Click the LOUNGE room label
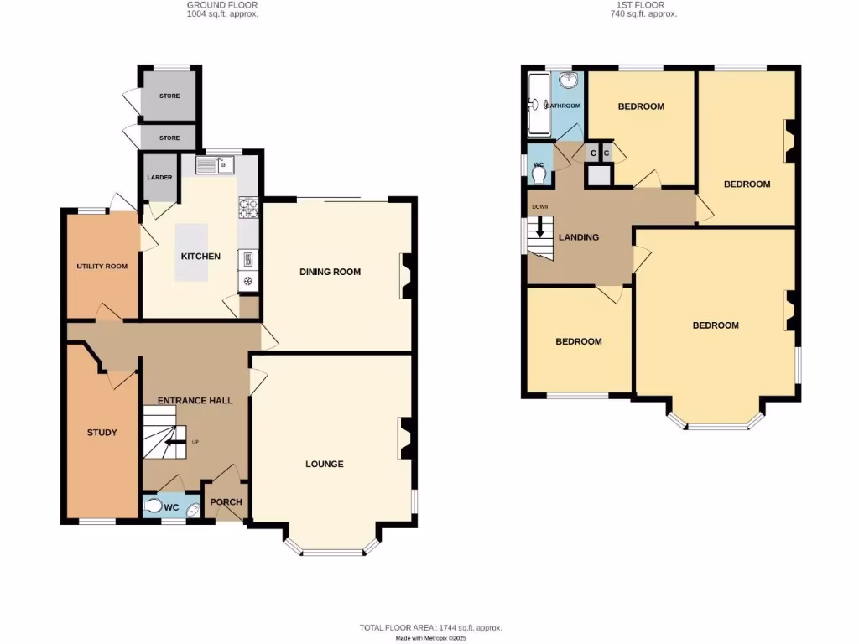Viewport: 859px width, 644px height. (x=324, y=464)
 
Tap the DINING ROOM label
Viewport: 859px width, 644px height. (x=331, y=272)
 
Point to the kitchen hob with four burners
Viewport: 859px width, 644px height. (x=248, y=207)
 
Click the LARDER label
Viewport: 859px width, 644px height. (x=159, y=178)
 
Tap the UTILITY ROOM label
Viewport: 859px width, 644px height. (x=102, y=267)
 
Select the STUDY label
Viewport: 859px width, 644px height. (x=102, y=433)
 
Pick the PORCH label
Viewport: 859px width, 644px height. (x=226, y=502)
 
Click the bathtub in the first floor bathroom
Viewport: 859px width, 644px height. (x=536, y=104)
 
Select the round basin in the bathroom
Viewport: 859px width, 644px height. (x=569, y=80)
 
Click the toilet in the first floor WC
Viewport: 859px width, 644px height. (x=539, y=174)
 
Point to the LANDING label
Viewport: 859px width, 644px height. (x=579, y=237)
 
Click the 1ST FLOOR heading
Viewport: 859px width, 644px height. (x=643, y=5)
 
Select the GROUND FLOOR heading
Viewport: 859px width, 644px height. (x=221, y=5)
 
